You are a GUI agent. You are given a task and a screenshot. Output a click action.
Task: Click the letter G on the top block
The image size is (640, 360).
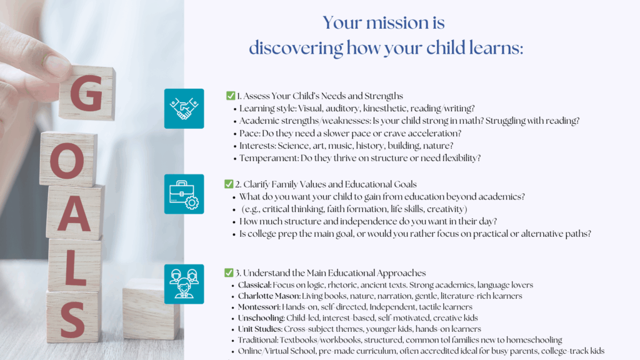pos(87,93)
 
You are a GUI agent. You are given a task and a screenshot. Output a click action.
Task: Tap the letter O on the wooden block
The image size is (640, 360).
pos(67,161)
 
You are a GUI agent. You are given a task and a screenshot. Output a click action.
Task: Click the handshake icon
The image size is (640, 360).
pos(184,109)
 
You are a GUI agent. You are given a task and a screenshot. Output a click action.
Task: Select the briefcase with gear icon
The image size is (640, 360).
pos(184,194)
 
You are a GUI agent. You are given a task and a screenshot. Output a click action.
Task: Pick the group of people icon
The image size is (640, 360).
pos(184,284)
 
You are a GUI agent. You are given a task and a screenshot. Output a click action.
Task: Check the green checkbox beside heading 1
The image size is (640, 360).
pos(231,96)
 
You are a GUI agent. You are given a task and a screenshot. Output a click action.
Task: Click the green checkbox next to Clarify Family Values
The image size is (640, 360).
pos(229,184)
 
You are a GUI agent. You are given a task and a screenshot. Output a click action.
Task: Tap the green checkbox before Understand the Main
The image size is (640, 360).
pos(229,272)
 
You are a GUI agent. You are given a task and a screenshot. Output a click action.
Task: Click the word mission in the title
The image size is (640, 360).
pos(397,23)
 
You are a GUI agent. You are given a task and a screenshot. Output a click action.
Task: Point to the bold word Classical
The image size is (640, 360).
pos(255,285)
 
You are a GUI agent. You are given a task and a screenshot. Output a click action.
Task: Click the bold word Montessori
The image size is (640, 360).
pos(259,307)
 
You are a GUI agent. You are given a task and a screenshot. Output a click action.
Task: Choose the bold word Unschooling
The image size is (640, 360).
pos(261,318)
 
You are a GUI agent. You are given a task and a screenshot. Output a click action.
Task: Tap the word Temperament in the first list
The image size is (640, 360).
pos(269,158)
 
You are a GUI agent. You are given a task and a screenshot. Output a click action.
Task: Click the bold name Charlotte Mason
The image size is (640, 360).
pos(269,296)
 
